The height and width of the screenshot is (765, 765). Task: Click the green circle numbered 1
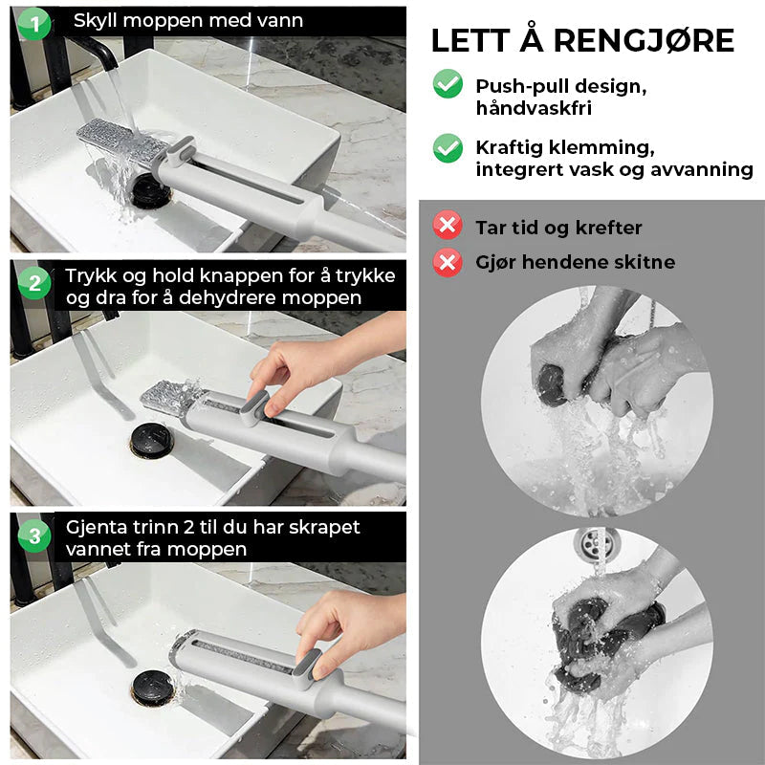(34, 23)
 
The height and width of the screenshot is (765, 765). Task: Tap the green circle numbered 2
(34, 283)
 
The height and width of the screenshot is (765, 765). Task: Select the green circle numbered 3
(34, 535)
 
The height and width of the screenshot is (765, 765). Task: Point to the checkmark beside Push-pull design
(448, 84)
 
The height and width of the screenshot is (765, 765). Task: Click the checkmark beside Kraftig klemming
(448, 148)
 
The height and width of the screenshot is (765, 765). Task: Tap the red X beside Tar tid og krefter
(448, 225)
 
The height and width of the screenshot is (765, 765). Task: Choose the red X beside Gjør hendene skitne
(448, 262)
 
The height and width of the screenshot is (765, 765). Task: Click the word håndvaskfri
(534, 108)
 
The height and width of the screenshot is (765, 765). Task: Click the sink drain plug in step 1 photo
(151, 190)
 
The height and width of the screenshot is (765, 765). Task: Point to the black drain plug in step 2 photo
(152, 440)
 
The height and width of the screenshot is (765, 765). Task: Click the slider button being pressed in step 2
(254, 408)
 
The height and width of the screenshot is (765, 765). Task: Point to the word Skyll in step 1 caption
(95, 21)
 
